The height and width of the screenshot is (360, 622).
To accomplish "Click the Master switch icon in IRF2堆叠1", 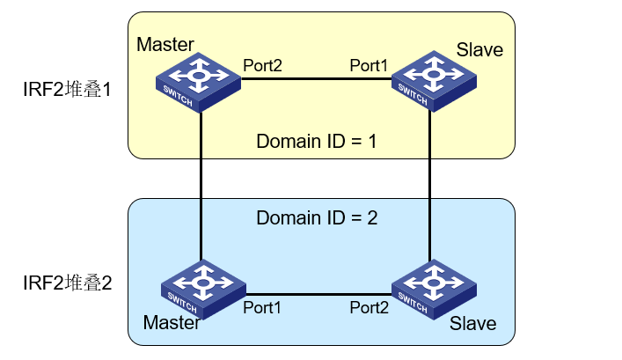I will (x=199, y=82).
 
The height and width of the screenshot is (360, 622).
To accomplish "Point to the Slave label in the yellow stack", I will (x=479, y=49).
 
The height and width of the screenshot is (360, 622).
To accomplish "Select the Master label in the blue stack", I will (x=172, y=322).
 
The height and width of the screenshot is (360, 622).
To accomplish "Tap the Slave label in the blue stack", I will (x=472, y=324).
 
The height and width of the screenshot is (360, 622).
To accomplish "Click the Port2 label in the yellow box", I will (x=264, y=65).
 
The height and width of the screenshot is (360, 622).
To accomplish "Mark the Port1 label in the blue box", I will (x=263, y=307).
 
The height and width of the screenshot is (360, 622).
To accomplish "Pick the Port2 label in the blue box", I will (x=370, y=307).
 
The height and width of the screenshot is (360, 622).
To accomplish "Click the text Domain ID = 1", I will (x=316, y=141).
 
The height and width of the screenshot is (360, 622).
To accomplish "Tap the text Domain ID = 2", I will (x=316, y=218).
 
